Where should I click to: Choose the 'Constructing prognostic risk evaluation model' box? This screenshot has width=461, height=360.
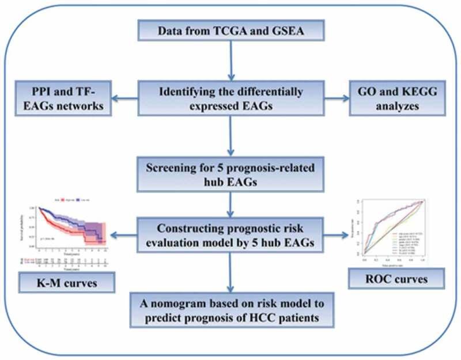click(231, 234)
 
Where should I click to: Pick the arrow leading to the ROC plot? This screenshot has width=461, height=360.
click(334, 234)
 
